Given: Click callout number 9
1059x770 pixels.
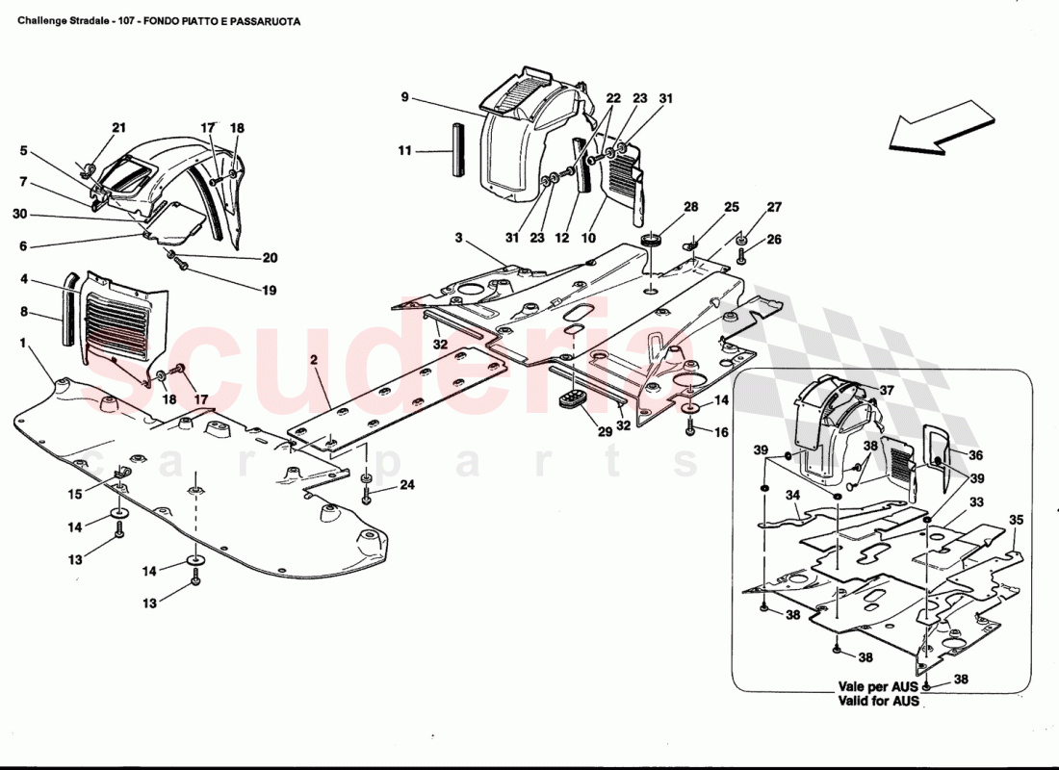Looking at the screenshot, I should click(405, 97).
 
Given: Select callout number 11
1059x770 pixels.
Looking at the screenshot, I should click(405, 151).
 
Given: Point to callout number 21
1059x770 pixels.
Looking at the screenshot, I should click(118, 128).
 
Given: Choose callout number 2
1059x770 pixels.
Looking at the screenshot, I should click(314, 360).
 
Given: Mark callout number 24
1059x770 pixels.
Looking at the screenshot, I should click(407, 485).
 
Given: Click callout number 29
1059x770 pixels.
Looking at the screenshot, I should click(605, 432).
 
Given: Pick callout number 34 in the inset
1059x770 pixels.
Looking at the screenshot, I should click(792, 496).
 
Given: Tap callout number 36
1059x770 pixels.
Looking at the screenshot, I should click(975, 455).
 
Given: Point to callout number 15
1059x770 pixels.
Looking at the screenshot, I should click(75, 495).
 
